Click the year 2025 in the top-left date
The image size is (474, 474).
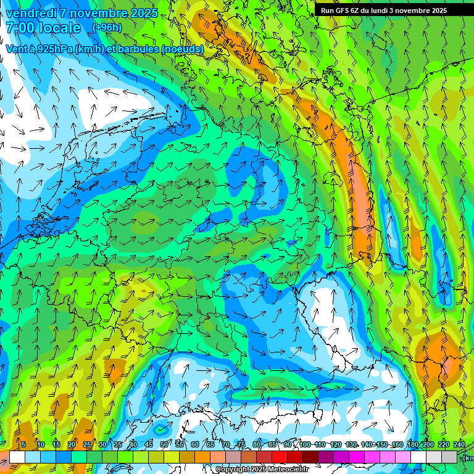(139, 13)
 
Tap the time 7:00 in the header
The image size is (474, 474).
(22, 28)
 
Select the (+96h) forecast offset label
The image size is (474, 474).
(107, 28)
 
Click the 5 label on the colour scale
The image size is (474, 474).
(23, 444)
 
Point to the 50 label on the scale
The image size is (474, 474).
(164, 444)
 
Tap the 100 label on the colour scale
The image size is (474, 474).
(305, 444)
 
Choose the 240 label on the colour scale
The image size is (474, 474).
(459, 444)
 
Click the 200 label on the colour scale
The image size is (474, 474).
(428, 444)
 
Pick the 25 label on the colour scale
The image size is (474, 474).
(87, 444)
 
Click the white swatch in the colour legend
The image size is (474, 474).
(17, 457)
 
